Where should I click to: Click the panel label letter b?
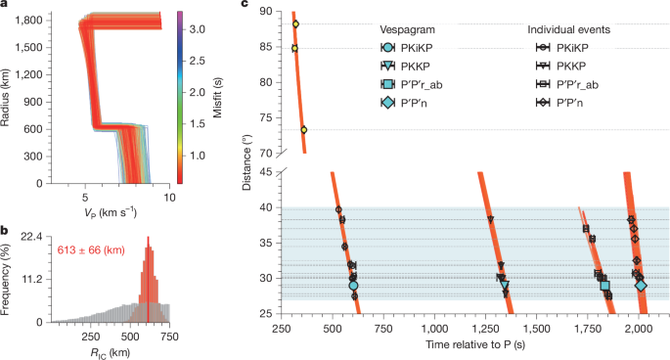tap(5, 231)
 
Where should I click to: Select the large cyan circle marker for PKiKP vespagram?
tap(353, 286)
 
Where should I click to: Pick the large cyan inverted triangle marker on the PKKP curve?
tap(505, 286)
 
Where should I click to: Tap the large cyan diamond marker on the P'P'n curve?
tap(642, 286)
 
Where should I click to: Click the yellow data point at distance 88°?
tap(295, 23)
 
